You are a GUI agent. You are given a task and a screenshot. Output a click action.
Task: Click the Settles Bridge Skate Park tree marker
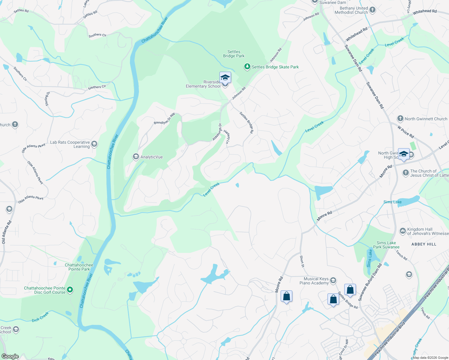click(x=247, y=67)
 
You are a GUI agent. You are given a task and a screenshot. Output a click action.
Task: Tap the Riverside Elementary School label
click(x=203, y=84)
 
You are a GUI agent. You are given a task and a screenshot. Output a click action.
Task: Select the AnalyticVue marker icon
click(x=136, y=157)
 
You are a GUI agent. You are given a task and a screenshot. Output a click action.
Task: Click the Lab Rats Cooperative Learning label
click(x=70, y=144)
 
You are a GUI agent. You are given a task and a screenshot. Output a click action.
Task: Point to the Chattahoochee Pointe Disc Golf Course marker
click(x=70, y=289)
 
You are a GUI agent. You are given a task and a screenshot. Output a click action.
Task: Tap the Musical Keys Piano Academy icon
click(x=333, y=280)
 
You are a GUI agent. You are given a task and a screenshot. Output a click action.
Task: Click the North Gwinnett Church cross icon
click(x=400, y=118)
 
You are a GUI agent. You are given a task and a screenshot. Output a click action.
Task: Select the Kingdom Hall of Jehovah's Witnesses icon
click(x=402, y=231)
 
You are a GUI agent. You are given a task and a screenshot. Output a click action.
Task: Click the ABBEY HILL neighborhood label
click(x=424, y=244)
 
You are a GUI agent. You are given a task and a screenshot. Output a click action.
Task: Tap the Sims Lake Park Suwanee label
click(x=386, y=245)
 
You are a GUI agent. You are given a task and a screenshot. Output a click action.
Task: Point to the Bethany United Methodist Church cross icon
click(x=372, y=10)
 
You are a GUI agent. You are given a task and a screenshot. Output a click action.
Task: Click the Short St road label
click(x=302, y=261)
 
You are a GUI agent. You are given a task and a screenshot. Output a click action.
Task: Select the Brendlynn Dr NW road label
click(x=164, y=119)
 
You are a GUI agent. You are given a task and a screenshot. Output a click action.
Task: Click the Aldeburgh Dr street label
click(x=217, y=132)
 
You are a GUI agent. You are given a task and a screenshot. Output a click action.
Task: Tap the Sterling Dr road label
click(x=47, y=99)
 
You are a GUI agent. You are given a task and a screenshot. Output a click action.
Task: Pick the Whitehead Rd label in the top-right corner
click(x=425, y=12)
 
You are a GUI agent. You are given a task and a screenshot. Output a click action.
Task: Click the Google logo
click(x=10, y=356)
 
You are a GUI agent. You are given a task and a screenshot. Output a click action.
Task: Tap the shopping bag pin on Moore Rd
click(x=286, y=296)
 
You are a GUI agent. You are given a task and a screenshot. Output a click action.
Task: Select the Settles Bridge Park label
click(x=234, y=54)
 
